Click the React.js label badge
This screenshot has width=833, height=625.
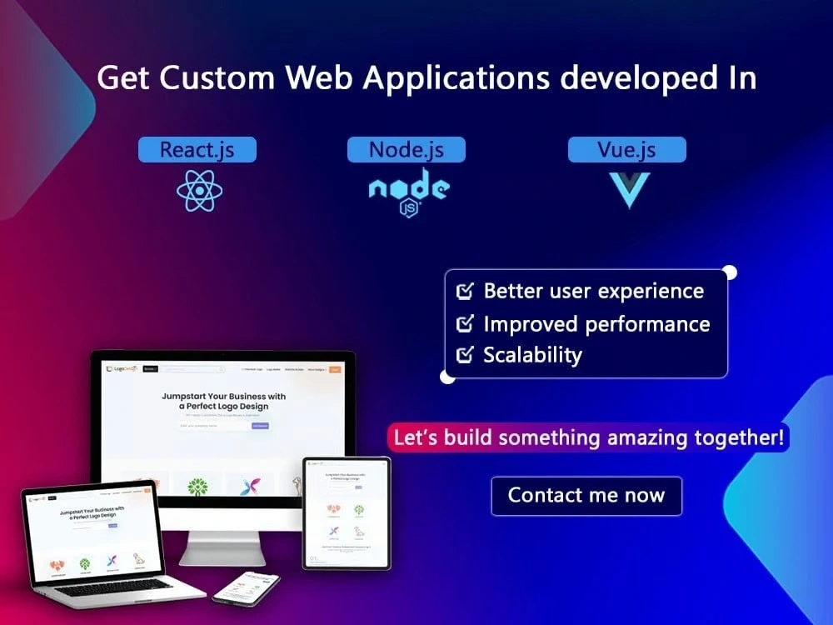[197, 150]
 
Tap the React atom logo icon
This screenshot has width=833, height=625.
[199, 192]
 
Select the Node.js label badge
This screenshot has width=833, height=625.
[406, 150]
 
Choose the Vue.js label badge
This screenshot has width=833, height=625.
[626, 150]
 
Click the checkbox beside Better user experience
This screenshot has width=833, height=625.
[465, 292]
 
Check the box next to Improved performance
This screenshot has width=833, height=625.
[465, 323]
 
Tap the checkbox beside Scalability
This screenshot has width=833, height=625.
[465, 355]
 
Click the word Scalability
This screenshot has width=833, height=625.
[532, 355]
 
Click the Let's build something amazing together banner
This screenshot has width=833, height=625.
[588, 437]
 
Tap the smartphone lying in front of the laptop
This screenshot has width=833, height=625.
[246, 587]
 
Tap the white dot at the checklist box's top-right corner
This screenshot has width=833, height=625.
[730, 272]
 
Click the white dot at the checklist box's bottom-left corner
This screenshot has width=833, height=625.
[447, 377]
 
